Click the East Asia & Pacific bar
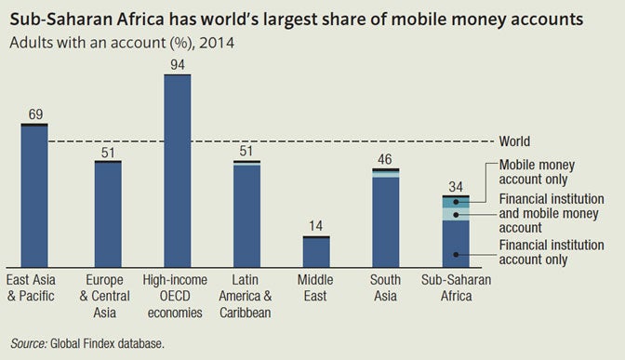pyautogui.click(x=34, y=195)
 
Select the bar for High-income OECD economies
pyautogui.click(x=178, y=170)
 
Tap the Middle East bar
pyautogui.click(x=316, y=251)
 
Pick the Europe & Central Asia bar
pyautogui.click(x=108, y=214)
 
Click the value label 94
pyautogui.click(x=178, y=64)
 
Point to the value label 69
pyautogui.click(x=35, y=114)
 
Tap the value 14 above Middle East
pyautogui.click(x=315, y=226)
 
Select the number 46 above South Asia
pyautogui.click(x=385, y=159)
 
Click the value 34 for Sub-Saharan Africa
pyautogui.click(x=456, y=187)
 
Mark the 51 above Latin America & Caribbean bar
pyautogui.click(x=246, y=151)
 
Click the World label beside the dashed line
pyautogui.click(x=514, y=141)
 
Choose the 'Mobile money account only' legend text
pyautogui.click(x=537, y=172)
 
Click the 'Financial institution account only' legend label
pyautogui.click(x=552, y=252)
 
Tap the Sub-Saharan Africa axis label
pyautogui.click(x=456, y=287)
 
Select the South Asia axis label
pyautogui.click(x=385, y=287)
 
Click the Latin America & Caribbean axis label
pyautogui.click(x=246, y=296)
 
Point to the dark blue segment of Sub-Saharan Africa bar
pyautogui.click(x=456, y=244)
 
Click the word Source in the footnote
pyautogui.click(x=29, y=343)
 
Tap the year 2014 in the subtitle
pyautogui.click(x=217, y=43)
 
